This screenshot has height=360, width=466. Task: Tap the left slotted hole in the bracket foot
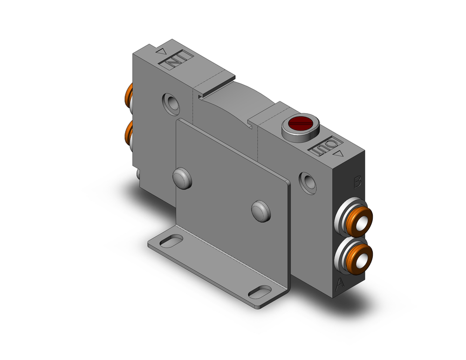(172, 242)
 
